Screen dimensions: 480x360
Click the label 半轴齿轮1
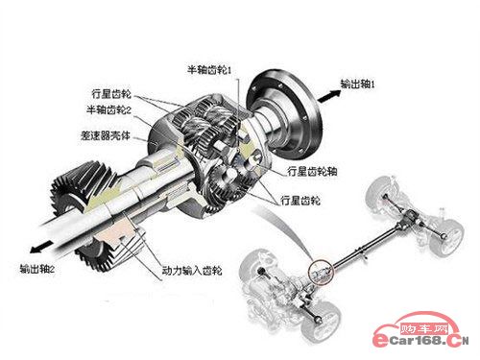[x=209, y=70]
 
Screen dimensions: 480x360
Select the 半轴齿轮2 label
[x=109, y=110]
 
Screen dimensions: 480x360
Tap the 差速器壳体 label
[x=106, y=135]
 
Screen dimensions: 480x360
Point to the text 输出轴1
[x=357, y=84]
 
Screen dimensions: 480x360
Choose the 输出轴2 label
[x=36, y=269]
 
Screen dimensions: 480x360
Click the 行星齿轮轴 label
[x=312, y=171]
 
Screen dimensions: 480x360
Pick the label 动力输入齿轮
[x=192, y=271]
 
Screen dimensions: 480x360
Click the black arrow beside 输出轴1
[x=329, y=96]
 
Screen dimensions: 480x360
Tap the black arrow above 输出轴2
[x=41, y=247]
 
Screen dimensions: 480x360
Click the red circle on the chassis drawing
[x=321, y=272]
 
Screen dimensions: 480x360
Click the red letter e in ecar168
[x=381, y=341]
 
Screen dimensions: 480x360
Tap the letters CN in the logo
[x=458, y=341]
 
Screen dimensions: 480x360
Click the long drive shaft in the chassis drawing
[x=365, y=247]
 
